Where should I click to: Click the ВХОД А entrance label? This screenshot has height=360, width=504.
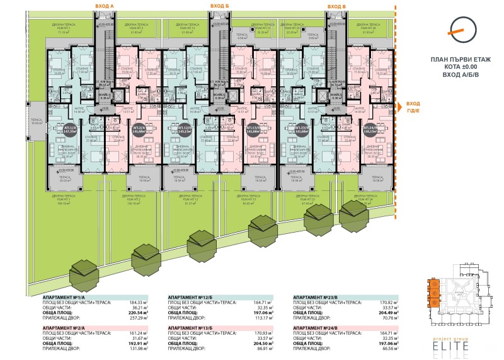[104, 6]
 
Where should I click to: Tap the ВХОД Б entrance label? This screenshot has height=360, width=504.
[219, 6]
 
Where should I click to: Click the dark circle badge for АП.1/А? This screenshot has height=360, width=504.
[67, 130]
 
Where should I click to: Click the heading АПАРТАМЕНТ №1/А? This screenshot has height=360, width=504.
[68, 296]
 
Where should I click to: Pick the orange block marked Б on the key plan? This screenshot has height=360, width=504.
[433, 294]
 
